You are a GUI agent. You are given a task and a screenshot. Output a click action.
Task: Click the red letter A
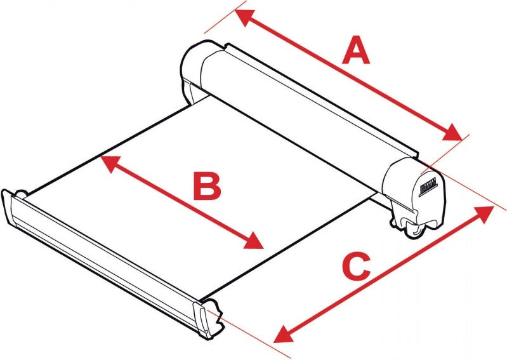click(x=356, y=51)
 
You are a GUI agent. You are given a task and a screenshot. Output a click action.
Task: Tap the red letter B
click(x=207, y=187)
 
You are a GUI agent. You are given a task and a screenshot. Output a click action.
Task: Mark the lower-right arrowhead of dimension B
click(x=255, y=242)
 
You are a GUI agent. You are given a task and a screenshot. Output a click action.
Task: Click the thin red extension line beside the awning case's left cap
click(x=219, y=22)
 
